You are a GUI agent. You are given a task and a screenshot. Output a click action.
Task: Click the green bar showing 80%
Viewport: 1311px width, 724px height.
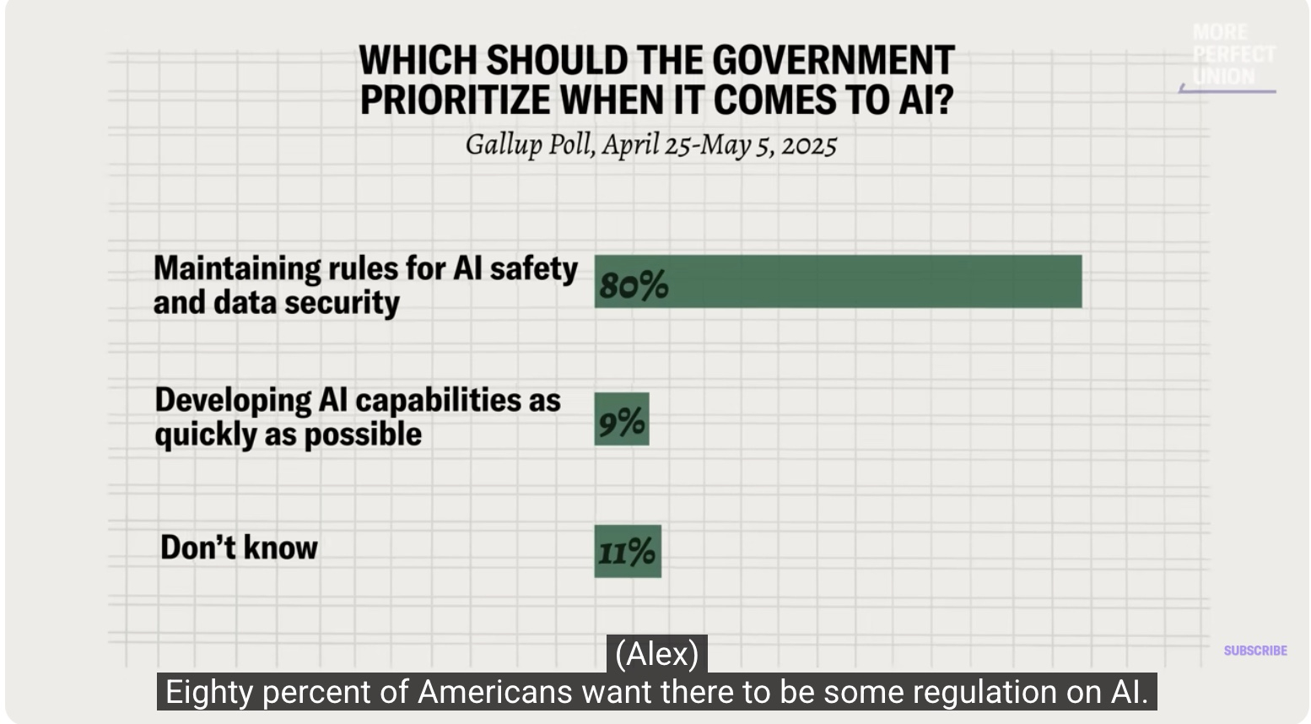click(x=838, y=282)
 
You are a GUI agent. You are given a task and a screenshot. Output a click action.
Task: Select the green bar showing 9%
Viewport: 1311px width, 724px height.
click(x=622, y=419)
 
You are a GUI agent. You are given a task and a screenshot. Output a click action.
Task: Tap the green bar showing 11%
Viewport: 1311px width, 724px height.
click(x=628, y=551)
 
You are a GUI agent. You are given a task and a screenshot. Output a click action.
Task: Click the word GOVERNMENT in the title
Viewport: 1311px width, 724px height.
click(x=833, y=61)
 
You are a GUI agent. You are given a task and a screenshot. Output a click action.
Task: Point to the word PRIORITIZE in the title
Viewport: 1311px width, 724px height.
click(x=454, y=100)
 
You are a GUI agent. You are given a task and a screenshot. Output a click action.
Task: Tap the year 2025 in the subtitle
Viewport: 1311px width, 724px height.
click(x=809, y=146)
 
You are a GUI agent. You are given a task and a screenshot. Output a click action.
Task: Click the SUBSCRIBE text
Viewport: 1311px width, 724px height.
click(x=1255, y=651)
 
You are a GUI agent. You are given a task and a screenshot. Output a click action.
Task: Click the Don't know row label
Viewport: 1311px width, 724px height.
click(x=239, y=548)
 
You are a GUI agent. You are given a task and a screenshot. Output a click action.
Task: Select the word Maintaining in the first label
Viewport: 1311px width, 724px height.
click(x=233, y=268)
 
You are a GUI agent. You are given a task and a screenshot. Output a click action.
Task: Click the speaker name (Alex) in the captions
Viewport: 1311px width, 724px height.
click(x=656, y=654)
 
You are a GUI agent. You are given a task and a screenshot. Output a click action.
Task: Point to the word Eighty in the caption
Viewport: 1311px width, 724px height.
click(x=209, y=692)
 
